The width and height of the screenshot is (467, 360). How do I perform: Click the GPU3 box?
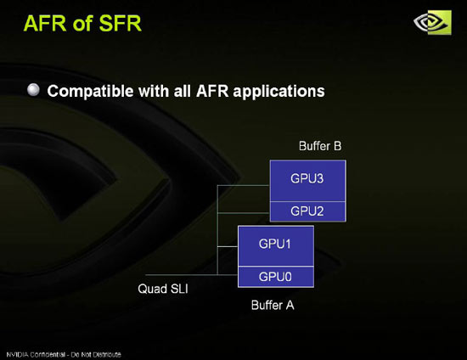tap(307, 181)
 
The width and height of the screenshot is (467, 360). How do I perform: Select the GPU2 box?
tap(307, 211)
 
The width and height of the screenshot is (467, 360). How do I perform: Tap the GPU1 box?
tap(276, 246)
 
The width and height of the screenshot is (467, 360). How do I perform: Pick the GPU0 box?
tap(276, 277)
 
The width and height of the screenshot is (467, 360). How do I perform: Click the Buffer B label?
tap(320, 146)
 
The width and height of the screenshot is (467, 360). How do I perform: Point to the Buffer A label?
tap(273, 305)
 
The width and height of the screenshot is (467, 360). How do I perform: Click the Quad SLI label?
tap(163, 289)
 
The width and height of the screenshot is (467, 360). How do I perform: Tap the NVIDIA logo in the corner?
tap(432, 23)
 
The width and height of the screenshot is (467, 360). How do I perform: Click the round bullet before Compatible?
tap(33, 90)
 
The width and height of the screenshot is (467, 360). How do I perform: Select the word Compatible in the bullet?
tap(90, 91)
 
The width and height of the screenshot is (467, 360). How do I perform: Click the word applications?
tap(279, 91)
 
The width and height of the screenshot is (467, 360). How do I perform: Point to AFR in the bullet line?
tap(212, 91)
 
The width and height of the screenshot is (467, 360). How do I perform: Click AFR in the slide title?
tap(45, 23)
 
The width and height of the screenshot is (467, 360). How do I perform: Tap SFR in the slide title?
tap(120, 23)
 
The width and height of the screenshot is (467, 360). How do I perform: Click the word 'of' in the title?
tap(82, 24)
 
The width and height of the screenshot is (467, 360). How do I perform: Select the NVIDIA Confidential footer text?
tap(64, 355)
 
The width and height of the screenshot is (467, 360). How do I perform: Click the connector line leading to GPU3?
tap(244, 185)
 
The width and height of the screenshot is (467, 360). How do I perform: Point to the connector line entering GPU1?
tap(228, 246)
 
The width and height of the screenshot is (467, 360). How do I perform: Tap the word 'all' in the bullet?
tap(183, 91)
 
